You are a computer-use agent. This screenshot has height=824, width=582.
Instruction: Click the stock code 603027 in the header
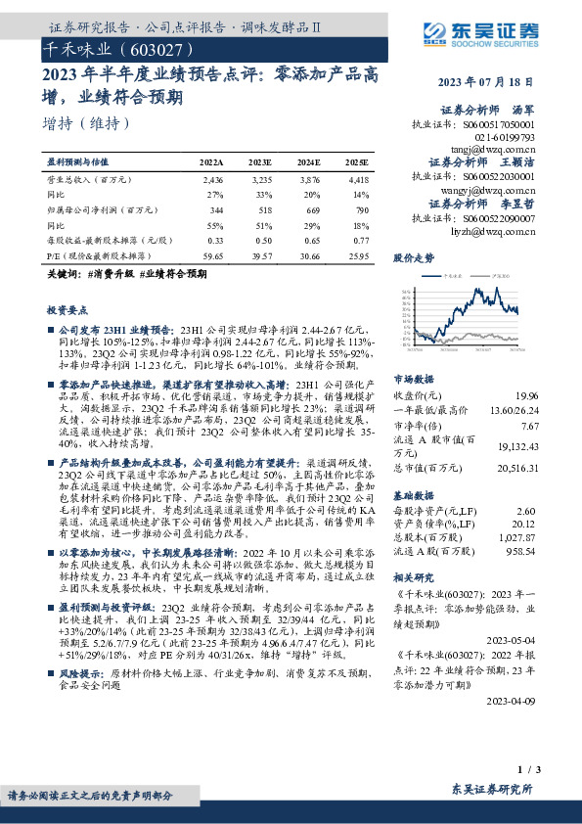(147, 48)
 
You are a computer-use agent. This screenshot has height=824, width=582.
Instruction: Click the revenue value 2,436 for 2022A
(212, 181)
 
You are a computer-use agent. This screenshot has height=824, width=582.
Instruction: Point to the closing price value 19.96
(527, 394)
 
